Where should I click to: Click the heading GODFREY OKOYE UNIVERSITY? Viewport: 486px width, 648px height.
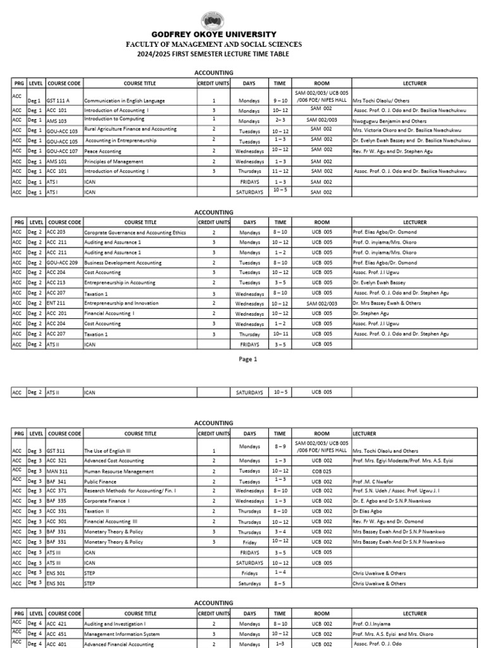[213, 34]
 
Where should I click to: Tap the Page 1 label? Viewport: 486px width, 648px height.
[247, 359]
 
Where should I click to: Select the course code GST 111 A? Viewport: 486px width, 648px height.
[58, 101]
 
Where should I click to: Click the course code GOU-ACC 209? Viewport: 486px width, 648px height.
[62, 263]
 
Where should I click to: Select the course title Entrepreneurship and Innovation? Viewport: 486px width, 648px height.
[121, 303]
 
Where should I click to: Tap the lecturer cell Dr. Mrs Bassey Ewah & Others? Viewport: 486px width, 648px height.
[387, 303]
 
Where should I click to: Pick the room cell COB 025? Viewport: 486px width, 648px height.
[322, 471]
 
